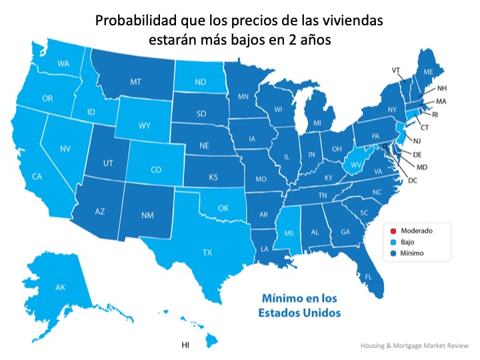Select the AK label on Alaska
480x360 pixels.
(x=60, y=287)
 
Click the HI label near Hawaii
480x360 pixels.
(x=185, y=345)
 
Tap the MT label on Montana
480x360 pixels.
(x=135, y=82)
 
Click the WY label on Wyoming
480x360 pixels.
(x=144, y=125)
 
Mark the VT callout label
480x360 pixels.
(x=395, y=70)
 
